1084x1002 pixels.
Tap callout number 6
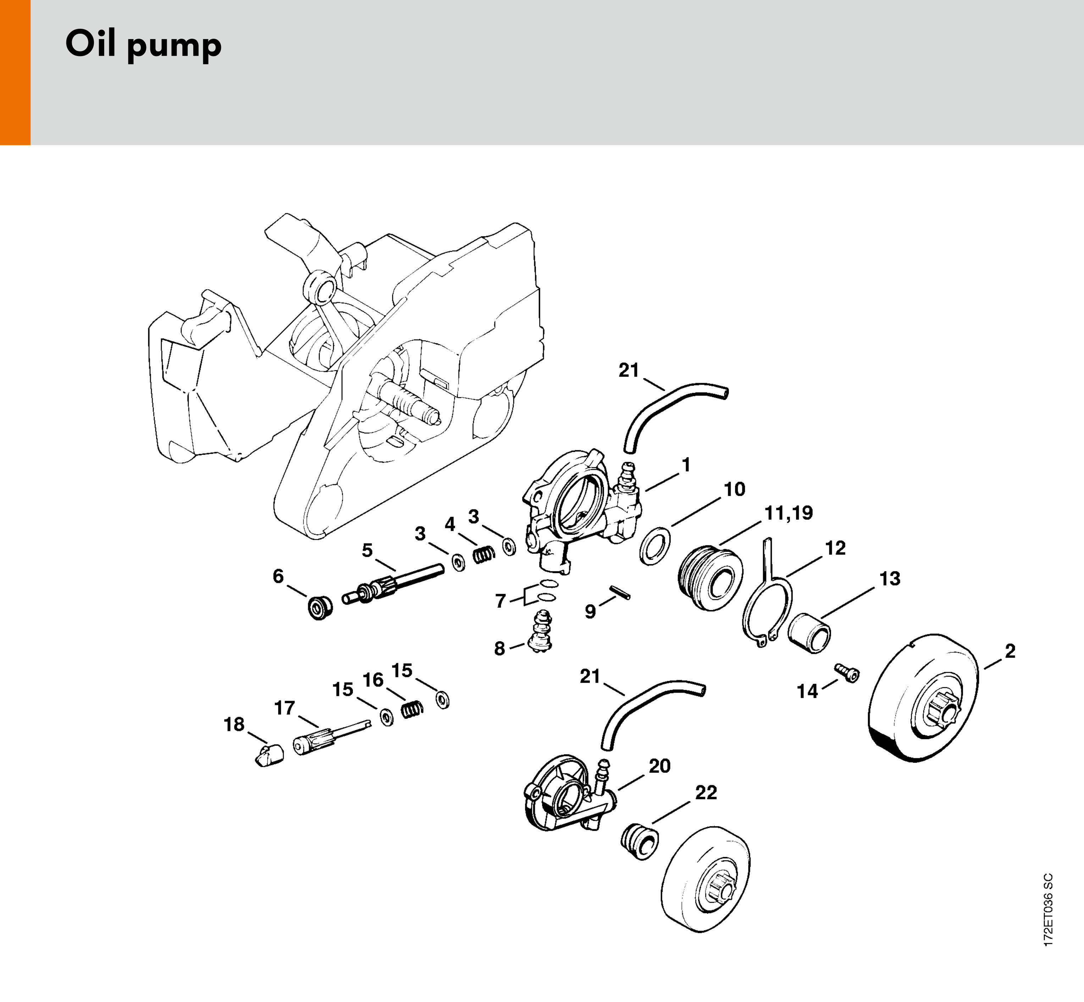278,576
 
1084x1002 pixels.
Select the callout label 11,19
789,513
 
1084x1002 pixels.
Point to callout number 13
889,579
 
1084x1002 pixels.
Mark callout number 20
660,766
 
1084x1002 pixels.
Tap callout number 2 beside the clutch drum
1010,651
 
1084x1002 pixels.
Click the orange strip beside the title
15,72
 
